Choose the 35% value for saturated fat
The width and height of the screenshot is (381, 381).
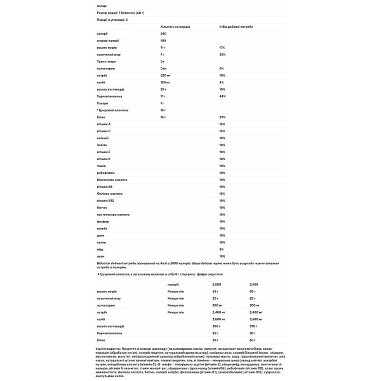tap(222, 54)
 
